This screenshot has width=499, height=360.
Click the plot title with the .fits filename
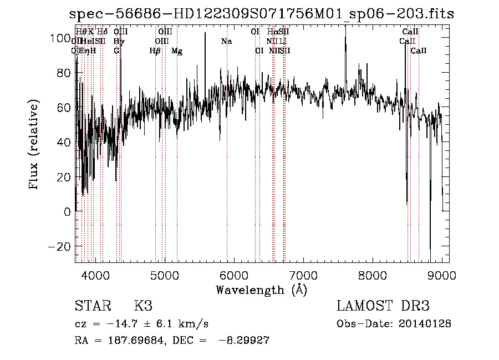pos(262,14)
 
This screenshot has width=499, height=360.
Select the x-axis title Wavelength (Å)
pos(261,290)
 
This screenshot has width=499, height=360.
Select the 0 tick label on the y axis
pos(67,211)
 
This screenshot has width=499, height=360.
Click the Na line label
pos(226,42)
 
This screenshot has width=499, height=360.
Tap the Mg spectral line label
pos(177,51)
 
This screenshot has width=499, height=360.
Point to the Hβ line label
pos(155,51)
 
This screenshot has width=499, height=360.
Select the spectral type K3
pos(143,306)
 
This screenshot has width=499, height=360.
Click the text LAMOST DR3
pos(383,306)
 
